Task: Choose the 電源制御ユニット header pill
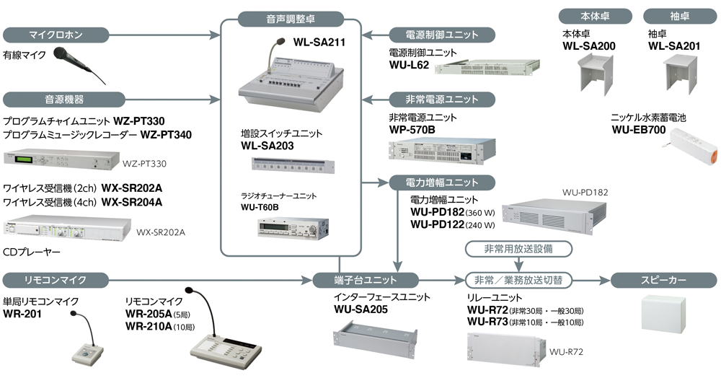pos(442,34)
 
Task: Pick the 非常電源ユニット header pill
pos(442,99)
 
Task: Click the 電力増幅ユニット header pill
pos(442,182)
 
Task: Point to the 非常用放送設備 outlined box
pos(518,248)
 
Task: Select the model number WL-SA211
pos(319,43)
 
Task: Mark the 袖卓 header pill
pos(674,15)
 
